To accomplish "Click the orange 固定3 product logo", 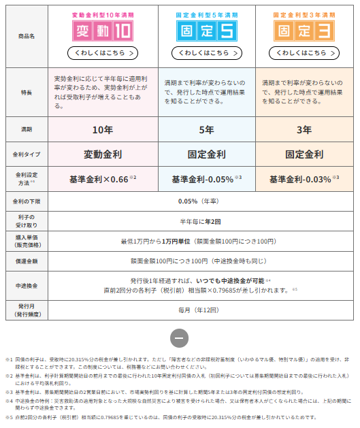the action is tap(304, 30).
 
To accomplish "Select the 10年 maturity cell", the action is tap(102, 129).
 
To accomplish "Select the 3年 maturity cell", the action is tap(304, 129).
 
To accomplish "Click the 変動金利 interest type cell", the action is tap(102, 154).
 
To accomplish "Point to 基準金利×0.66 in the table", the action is tap(99, 180).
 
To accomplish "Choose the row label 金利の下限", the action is tap(25, 202).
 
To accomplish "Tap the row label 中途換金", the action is tap(25, 285).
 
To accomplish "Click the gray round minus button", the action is tap(179, 338).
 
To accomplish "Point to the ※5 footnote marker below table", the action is tap(10, 417).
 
